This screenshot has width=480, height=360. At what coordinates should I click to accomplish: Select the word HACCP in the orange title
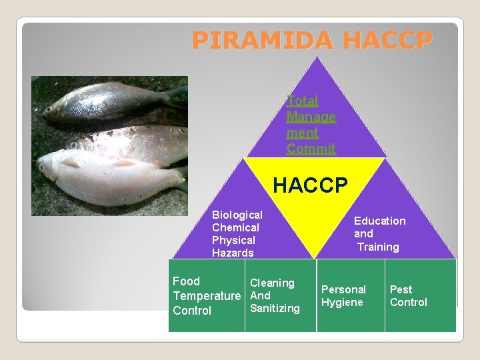click(387, 41)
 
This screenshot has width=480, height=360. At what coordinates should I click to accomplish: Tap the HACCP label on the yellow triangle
click(310, 185)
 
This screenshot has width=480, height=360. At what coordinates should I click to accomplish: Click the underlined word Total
click(303, 101)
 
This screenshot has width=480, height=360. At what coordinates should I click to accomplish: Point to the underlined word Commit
click(311, 149)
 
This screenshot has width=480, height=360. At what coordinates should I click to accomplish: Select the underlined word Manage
click(311, 117)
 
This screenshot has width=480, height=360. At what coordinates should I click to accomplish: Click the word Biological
click(237, 215)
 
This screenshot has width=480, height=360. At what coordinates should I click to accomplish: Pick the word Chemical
click(235, 227)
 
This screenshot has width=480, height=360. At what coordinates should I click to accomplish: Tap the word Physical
click(233, 240)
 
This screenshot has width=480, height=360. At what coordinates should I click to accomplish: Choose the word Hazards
click(233, 253)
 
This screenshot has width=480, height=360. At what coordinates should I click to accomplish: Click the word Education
click(379, 221)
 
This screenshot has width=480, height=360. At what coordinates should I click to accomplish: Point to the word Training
click(378, 247)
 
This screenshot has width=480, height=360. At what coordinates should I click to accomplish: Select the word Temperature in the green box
click(206, 295)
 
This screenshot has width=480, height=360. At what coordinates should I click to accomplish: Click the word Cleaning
click(272, 283)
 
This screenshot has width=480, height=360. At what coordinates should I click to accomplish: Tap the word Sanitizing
click(275, 308)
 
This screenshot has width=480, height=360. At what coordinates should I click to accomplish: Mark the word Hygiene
click(342, 302)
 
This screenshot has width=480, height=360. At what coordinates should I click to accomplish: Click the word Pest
click(401, 289)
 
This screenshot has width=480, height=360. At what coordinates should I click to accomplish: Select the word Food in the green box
click(186, 281)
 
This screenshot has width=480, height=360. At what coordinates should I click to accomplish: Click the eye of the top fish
click(49, 109)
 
